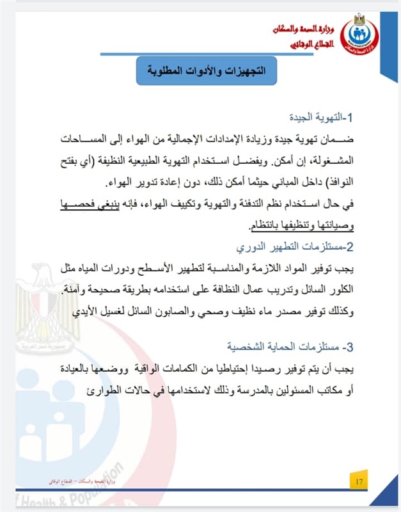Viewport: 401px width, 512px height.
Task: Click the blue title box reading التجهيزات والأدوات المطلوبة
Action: pos(206,70)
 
